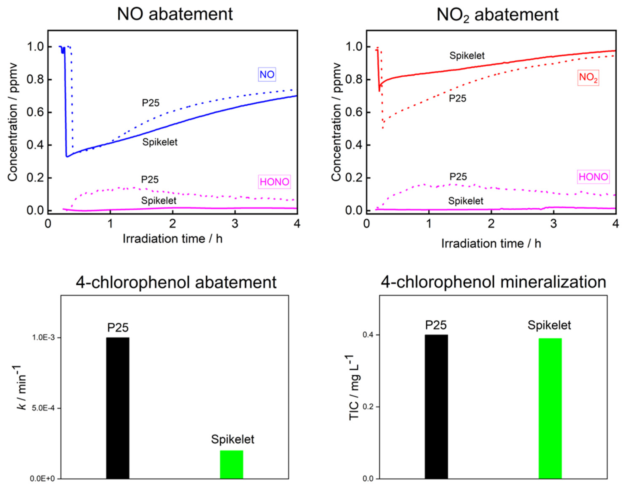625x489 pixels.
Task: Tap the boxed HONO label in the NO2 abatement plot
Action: click(593, 177)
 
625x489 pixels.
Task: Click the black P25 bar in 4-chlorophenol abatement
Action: click(118, 408)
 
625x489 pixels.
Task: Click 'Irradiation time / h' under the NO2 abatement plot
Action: click(491, 244)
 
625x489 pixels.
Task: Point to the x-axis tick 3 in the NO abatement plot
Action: click(235, 224)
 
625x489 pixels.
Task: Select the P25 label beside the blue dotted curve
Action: click(151, 103)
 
